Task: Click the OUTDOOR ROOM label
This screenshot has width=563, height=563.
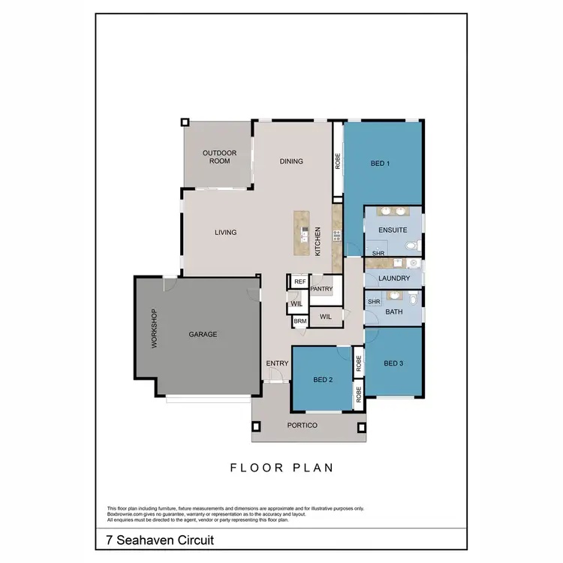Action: point(219,157)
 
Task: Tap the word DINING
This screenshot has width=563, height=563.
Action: point(291,161)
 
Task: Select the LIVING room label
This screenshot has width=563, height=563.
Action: point(225,233)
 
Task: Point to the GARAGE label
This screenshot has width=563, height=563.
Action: point(203,335)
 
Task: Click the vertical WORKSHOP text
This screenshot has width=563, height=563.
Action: point(155,328)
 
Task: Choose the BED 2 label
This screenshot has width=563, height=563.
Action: point(323,380)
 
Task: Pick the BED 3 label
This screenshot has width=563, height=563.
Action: point(393,364)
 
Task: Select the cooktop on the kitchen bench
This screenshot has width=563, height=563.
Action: point(336,235)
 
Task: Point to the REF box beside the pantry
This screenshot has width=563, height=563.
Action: point(300,281)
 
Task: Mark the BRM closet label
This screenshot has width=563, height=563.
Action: point(300,321)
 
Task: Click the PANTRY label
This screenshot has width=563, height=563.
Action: point(321,289)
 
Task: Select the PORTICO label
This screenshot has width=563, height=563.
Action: point(303,426)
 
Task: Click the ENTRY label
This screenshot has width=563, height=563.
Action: point(277,364)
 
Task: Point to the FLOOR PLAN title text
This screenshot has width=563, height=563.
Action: point(281,468)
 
